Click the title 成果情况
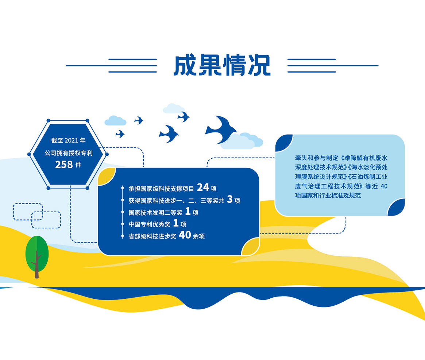coord(222,65)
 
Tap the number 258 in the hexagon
coord(64,164)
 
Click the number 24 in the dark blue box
coord(203,187)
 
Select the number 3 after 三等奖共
coord(230,199)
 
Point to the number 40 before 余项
coord(185,235)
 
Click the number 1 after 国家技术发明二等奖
coord(188,211)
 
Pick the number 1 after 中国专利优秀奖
coord(176,223)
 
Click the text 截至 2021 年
coord(68,140)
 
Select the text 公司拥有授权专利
coord(69,153)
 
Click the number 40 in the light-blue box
coord(384,186)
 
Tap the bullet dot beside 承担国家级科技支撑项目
coord(123,187)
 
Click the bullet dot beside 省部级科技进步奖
coord(123,236)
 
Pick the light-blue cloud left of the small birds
coord(116,121)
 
